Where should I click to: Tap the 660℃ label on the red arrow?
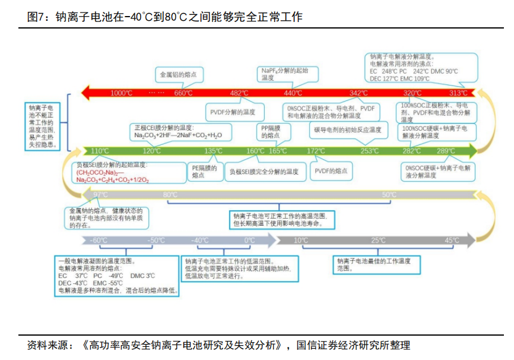tap(183, 93)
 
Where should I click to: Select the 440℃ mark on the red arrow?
tap(293, 93)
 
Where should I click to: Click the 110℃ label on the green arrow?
tap(100, 151)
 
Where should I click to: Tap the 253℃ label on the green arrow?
tap(369, 151)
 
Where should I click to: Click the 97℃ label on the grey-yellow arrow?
tap(100, 195)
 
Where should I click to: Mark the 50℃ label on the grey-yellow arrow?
tap(389, 195)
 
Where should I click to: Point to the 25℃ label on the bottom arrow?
tap(378, 241)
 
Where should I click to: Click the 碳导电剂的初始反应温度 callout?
tap(347, 130)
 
